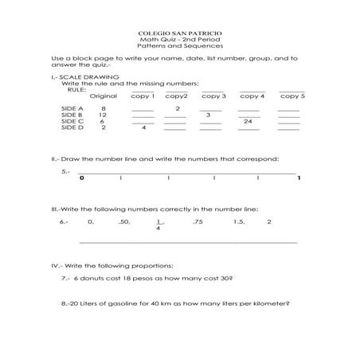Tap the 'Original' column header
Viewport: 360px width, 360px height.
[x=103, y=96]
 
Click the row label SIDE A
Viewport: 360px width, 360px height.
[x=72, y=108]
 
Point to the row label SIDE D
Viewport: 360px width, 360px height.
[x=72, y=127]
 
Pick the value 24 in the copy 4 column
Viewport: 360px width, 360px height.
[x=248, y=121]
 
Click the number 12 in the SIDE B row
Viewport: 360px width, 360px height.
[x=103, y=114]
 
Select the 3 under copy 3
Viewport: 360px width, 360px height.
[x=207, y=115]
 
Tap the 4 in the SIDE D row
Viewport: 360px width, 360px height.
[x=143, y=127]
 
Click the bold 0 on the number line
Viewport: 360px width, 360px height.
[x=81, y=178]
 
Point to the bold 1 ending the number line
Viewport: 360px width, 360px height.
[x=298, y=178]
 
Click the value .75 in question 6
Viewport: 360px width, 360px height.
[x=198, y=221]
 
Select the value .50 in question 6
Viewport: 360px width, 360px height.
[x=123, y=221]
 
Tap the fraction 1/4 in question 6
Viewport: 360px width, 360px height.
[x=158, y=225]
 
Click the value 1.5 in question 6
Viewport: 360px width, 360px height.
[x=239, y=221]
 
